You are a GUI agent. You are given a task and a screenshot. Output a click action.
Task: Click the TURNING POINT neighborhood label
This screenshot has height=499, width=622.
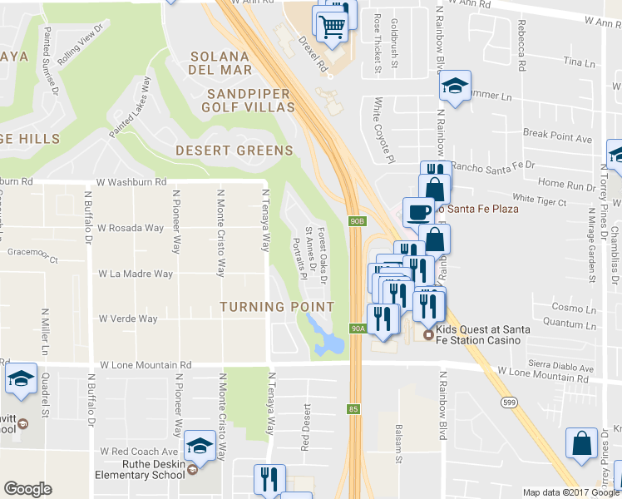point(276,307)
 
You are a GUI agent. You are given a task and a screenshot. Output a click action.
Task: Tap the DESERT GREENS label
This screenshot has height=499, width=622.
point(234,151)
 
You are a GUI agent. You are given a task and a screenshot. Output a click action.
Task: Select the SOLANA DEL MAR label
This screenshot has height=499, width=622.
point(220,63)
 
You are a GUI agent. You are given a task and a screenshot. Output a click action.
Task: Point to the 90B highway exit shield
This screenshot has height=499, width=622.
point(355,220)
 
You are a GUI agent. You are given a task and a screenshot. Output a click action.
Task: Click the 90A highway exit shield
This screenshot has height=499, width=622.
point(357,329)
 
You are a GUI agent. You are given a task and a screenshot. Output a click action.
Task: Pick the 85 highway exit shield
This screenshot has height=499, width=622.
point(353,408)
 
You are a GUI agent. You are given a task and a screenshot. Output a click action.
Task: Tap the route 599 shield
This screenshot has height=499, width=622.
point(505,402)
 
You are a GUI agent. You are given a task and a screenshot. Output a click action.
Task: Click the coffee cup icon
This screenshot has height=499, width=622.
point(417,210)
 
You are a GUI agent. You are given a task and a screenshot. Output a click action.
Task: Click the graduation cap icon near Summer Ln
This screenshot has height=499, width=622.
point(455,86)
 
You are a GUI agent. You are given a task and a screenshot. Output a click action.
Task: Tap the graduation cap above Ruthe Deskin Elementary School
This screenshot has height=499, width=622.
point(200,447)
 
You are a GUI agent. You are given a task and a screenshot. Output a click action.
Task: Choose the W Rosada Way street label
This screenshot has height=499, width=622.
point(131,227)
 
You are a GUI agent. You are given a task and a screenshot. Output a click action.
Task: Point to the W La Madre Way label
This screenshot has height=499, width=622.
point(136,273)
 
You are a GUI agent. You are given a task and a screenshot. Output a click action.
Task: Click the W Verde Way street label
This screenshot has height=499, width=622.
point(128,319)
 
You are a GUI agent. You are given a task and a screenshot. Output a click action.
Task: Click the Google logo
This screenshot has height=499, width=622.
point(27,489)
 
